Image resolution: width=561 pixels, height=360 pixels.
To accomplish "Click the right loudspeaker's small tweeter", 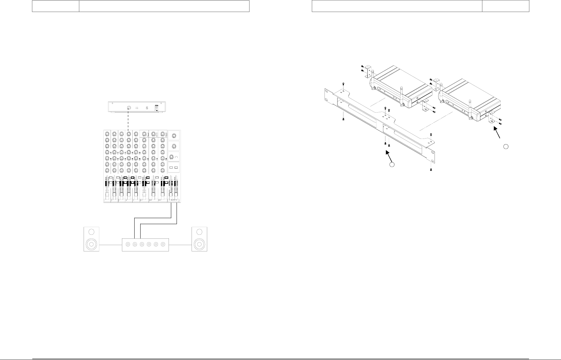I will pyautogui.click(x=200, y=232).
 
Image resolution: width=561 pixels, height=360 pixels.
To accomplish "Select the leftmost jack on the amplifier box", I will pyautogui.click(x=127, y=244).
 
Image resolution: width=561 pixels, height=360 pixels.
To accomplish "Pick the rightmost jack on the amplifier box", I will pyautogui.click(x=163, y=244).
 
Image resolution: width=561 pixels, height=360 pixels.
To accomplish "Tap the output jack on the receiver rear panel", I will pyautogui.click(x=129, y=108).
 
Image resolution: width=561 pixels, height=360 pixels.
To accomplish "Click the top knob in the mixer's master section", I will pyautogui.click(x=174, y=135).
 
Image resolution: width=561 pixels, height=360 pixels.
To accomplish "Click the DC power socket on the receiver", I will pyautogui.click(x=156, y=108).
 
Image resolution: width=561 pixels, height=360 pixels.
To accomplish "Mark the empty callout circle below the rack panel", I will pyautogui.click(x=392, y=165).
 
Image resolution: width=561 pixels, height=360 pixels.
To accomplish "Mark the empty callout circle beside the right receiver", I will pyautogui.click(x=506, y=146).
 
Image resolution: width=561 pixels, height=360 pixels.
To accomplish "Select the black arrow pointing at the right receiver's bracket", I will pyautogui.click(x=497, y=134).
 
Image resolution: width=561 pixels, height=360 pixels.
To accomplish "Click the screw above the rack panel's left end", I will pyautogui.click(x=343, y=84).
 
